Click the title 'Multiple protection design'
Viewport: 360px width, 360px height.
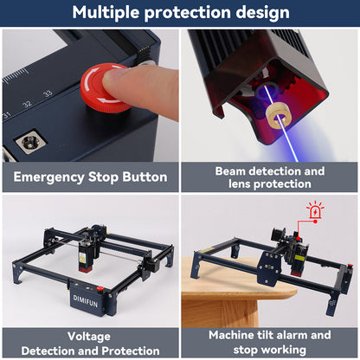[180, 13]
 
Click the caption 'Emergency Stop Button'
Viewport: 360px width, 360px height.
[90, 177]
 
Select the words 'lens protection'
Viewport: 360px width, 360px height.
[270, 184]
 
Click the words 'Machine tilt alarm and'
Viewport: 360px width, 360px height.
[270, 335]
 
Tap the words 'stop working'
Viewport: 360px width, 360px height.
[270, 349]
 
